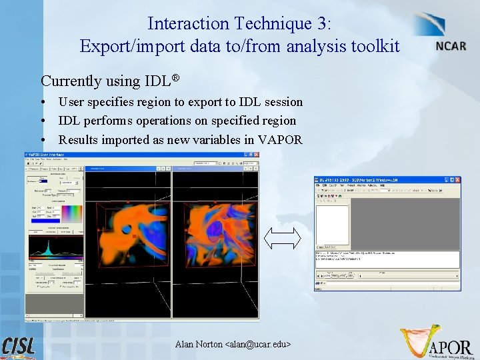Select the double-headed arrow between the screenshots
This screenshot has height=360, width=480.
[283, 239]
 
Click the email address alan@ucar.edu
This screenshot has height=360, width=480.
[258, 344]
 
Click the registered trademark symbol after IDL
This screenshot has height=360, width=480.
[176, 78]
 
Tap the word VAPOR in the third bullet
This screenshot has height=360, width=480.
[282, 139]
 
